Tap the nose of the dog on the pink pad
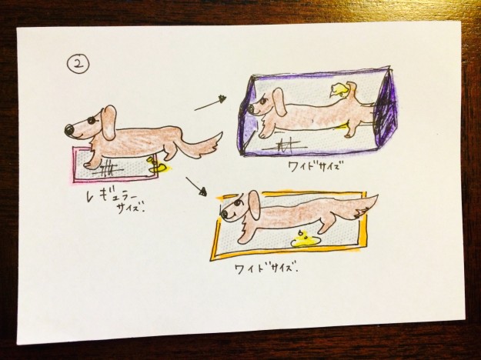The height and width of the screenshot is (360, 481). [68, 128]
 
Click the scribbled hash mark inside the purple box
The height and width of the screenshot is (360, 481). [286, 145]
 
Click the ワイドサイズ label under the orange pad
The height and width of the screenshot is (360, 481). [264, 269]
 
